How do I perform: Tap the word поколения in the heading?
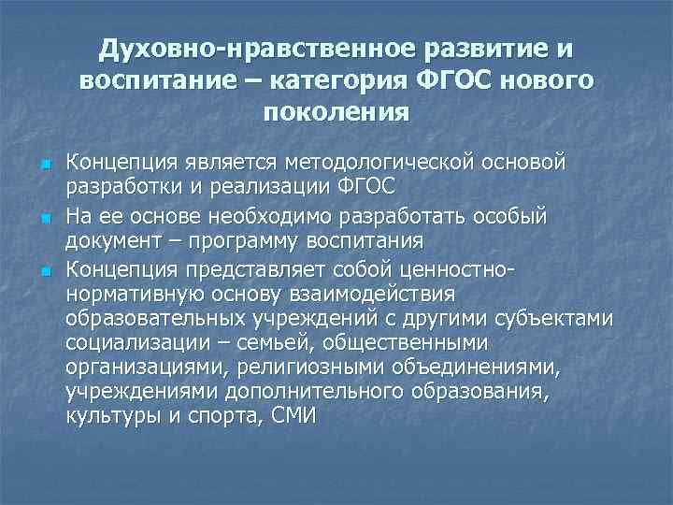(336, 113)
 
